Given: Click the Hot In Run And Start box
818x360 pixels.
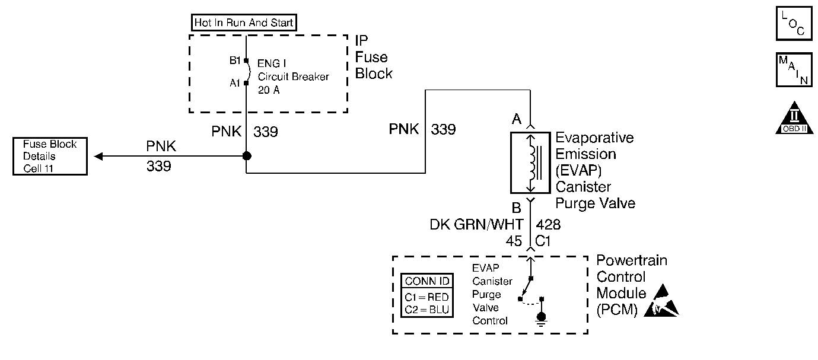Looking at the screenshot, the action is point(244,23).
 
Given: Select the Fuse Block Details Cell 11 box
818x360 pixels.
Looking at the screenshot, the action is point(50,156).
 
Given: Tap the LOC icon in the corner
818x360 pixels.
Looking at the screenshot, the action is point(794,23).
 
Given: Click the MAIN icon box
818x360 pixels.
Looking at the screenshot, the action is point(794,70).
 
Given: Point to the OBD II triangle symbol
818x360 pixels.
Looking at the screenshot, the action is point(794,118).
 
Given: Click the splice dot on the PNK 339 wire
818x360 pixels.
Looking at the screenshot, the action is point(247,156).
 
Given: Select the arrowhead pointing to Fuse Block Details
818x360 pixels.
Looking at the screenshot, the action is point(98,156).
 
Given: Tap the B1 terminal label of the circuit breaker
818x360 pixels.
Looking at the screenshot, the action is point(235,60).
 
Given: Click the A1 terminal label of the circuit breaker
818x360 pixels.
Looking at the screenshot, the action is point(235,83).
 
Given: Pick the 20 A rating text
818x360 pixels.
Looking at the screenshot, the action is point(269,90).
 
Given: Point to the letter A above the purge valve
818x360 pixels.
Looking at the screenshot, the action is point(516,119).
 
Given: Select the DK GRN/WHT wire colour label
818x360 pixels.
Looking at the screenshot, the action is point(476,224).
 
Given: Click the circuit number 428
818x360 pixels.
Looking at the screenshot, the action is point(548,224).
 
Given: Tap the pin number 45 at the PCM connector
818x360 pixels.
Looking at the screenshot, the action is point(514,241).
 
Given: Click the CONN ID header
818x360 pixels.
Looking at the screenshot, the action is point(427,281).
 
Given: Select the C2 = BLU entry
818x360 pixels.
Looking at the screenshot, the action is point(426,310).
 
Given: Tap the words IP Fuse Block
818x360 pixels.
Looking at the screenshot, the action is point(374,57).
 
